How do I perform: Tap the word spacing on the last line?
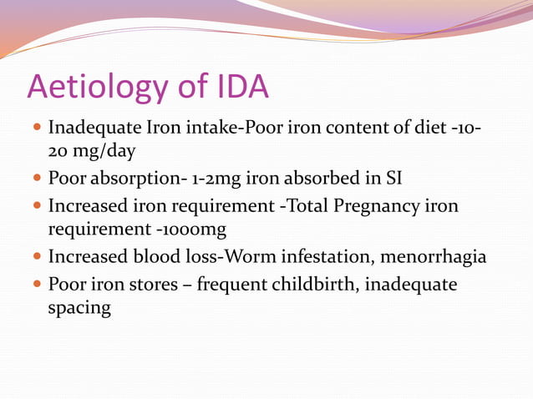[x=79, y=308]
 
